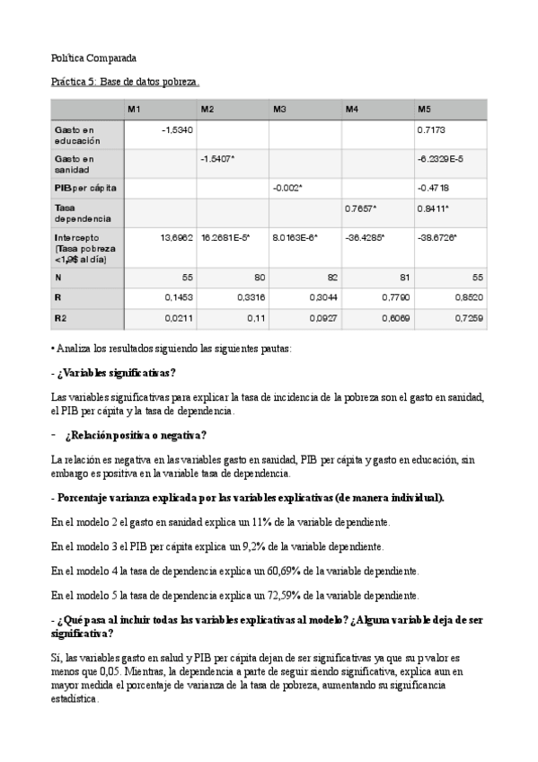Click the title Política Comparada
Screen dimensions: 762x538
click(x=93, y=58)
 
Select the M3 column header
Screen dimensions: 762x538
click(x=280, y=109)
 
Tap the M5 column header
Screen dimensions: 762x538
click(x=425, y=109)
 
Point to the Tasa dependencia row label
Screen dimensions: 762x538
click(x=83, y=213)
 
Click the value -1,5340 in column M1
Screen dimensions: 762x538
click(x=177, y=131)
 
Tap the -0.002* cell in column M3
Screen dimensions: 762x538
click(x=288, y=188)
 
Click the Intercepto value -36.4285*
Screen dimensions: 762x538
click(x=365, y=237)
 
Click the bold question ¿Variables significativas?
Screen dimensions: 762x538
click(x=116, y=373)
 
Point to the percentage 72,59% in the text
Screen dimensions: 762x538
click(x=282, y=596)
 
